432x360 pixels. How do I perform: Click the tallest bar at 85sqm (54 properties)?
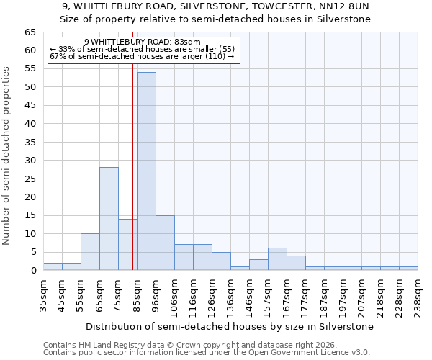tap(146, 171)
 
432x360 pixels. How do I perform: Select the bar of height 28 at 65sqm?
tap(109, 219)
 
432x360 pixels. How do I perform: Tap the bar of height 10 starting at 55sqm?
tap(90, 252)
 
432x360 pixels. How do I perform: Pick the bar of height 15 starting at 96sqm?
tap(165, 243)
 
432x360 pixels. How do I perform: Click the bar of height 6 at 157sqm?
tap(277, 259)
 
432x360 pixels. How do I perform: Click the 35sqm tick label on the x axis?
tap(43, 295)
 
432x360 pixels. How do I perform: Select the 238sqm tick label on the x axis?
tap(418, 295)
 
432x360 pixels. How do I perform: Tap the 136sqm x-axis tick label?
tap(231, 295)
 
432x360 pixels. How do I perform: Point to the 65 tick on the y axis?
tap(30, 32)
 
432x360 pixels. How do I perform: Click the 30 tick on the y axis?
tap(30, 161)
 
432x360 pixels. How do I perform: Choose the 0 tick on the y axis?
tap(33, 271)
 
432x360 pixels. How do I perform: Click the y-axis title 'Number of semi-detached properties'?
tap(6, 156)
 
